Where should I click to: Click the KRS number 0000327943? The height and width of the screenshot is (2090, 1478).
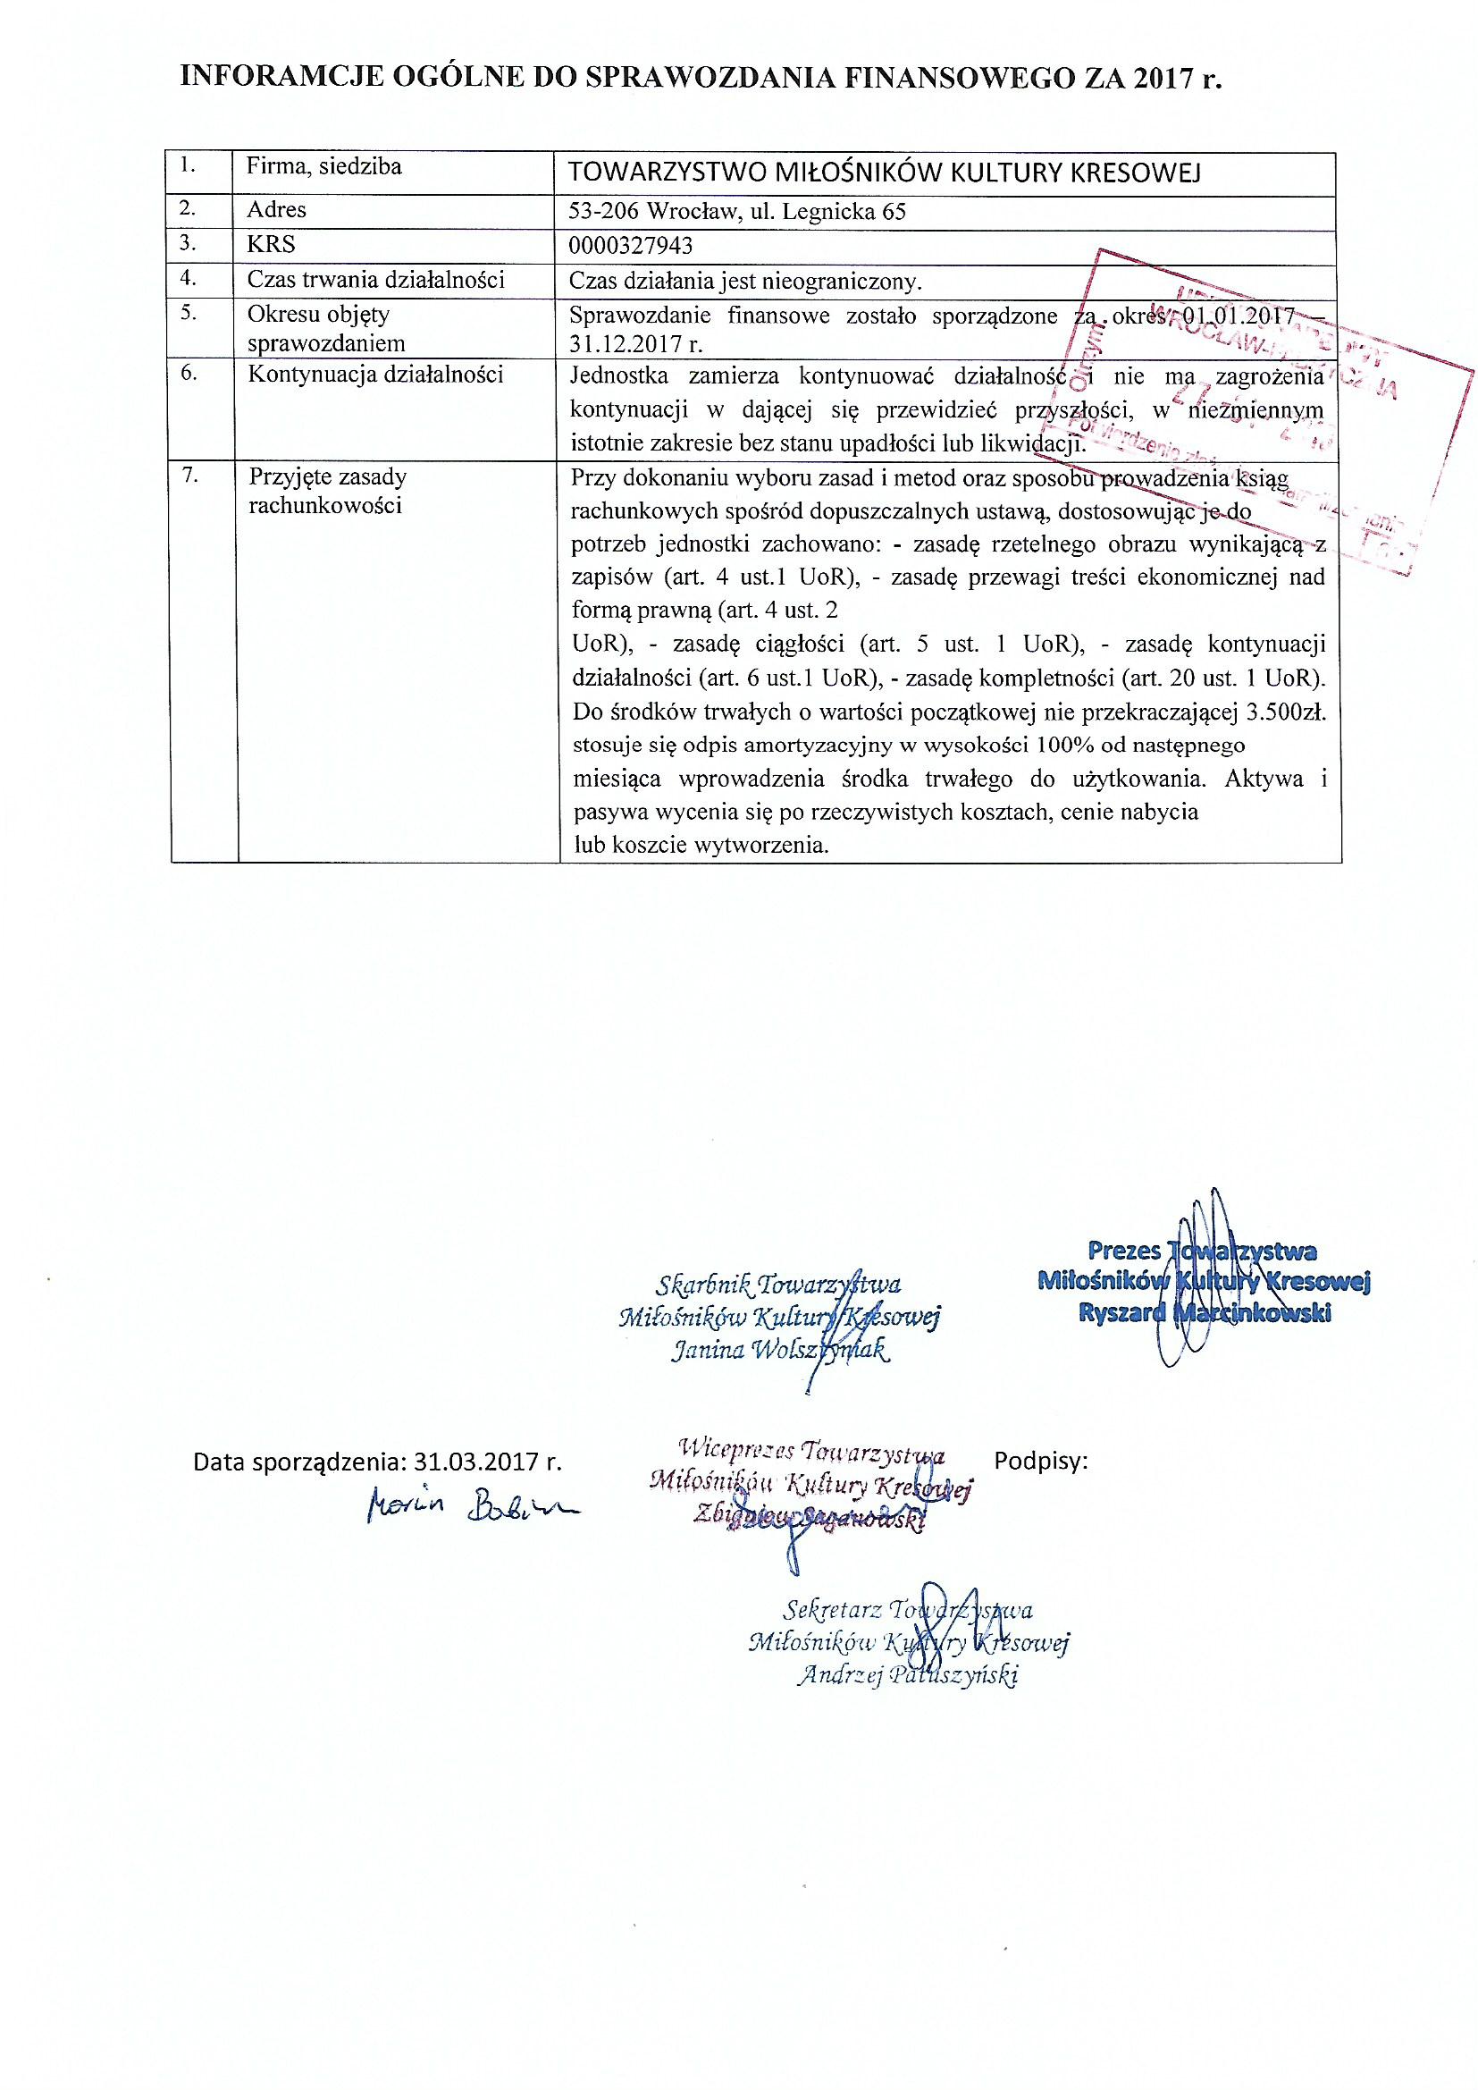(630, 246)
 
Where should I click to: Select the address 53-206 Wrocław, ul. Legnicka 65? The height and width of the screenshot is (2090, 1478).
(736, 211)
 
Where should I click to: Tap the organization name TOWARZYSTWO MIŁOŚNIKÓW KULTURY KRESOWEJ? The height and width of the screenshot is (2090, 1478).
(884, 172)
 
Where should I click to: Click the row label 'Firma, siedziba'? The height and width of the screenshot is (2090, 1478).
(324, 167)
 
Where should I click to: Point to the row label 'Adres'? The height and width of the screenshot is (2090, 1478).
(277, 210)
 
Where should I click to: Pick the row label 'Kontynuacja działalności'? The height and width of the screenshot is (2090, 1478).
(375, 375)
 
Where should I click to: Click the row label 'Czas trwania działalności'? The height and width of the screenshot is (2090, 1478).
(376, 280)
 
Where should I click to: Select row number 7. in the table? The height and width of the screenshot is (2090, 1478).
(190, 476)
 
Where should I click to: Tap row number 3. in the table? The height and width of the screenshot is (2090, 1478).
(189, 243)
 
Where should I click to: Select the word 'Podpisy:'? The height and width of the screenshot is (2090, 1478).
(1041, 1462)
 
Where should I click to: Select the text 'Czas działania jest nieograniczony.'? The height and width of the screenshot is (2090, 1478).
(745, 281)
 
